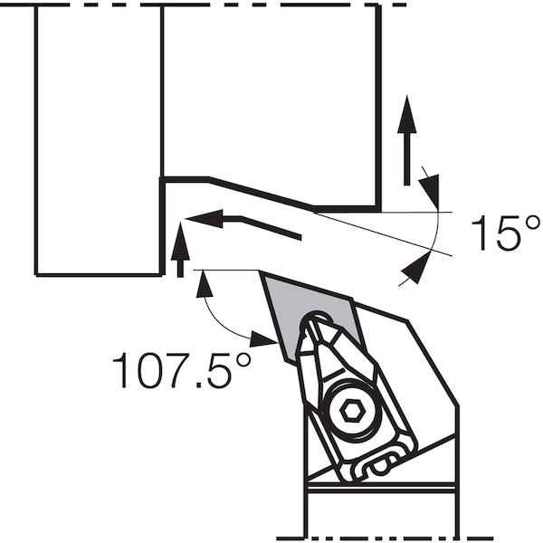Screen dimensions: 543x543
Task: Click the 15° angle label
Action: point(505,233)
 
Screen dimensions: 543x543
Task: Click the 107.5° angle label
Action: point(182,370)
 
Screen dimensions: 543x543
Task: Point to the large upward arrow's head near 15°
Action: point(407,114)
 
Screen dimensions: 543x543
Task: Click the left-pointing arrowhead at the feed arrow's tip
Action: point(204,218)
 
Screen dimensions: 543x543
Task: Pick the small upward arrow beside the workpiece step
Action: point(180,250)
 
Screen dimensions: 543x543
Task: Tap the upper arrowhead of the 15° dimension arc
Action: point(430,191)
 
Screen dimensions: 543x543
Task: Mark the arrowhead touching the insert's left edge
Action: point(264,339)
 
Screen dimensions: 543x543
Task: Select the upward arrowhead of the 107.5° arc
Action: point(205,284)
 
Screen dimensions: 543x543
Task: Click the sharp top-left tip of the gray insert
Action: point(260,271)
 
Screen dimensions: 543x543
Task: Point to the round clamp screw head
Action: point(350,411)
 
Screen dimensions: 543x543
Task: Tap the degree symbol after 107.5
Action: point(243,361)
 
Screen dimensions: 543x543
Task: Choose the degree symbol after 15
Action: point(531,224)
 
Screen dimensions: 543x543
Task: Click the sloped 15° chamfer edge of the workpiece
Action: point(261,194)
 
